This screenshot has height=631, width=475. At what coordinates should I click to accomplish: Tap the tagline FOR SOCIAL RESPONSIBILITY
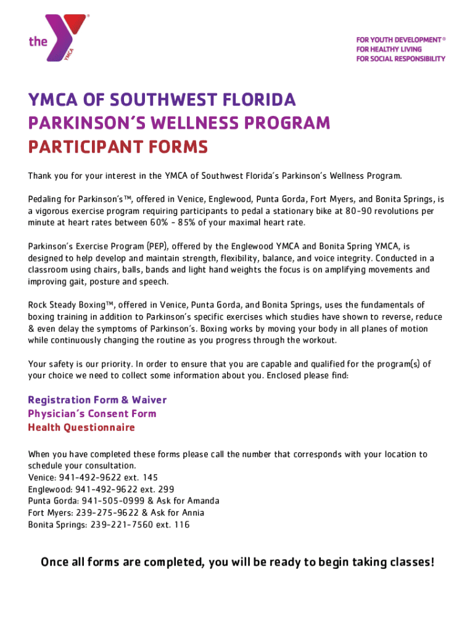pos(400,59)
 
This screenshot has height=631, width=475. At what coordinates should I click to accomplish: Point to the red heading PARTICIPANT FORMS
pos(118,148)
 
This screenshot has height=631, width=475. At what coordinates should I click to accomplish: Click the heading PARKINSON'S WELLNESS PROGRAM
pos(179,124)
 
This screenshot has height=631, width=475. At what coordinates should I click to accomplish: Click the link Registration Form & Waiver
pos(97,400)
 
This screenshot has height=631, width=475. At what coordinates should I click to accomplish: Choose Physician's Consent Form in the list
pos(92,413)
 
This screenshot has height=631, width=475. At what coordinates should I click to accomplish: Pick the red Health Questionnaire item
pos(81,427)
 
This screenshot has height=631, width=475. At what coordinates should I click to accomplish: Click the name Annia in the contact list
pos(191,513)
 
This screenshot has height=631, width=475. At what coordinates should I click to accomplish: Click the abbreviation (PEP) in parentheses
pos(158,246)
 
